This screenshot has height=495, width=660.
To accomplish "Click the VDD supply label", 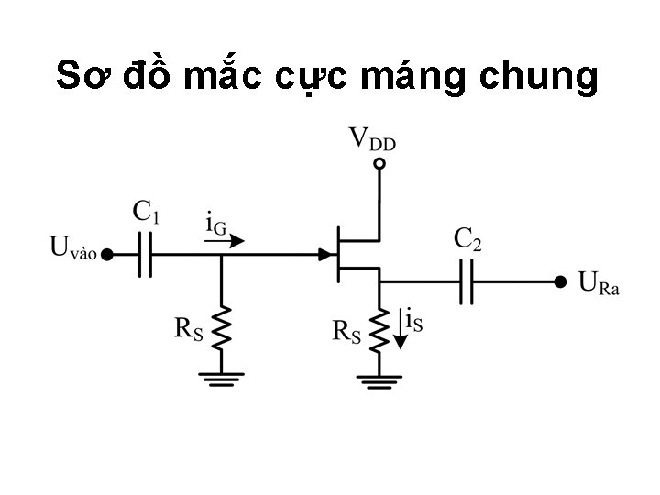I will coord(371,140).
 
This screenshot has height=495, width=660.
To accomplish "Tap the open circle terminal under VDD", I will coord(379,165).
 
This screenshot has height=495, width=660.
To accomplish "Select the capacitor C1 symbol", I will coord(145,255).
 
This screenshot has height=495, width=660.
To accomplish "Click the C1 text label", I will coord(147,214).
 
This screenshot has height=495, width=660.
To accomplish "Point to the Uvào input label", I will coord(71,247).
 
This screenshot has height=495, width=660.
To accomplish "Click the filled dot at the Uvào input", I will coord(106,255).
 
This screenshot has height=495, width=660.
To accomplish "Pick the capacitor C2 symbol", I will coord(467,281).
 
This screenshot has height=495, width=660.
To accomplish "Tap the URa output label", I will coord(599,282).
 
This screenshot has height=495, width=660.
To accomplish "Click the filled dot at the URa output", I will coord(558,281).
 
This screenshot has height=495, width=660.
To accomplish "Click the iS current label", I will coord(413,322).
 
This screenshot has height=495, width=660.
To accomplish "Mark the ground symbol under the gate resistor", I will coord(221,376).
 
